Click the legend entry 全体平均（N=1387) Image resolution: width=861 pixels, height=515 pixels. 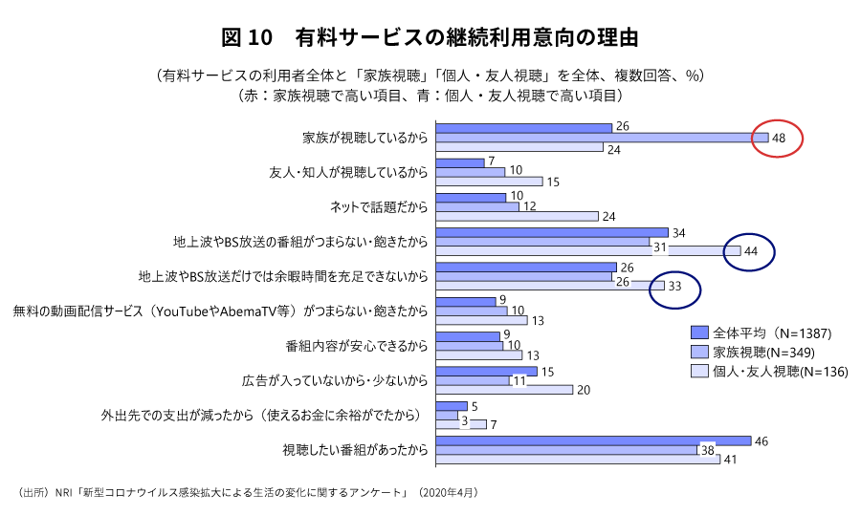[761, 333]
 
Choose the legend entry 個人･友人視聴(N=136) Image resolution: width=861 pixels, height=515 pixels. [769, 371]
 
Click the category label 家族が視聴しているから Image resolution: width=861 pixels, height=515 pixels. [364, 138]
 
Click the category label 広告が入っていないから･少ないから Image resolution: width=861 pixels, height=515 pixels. [334, 380]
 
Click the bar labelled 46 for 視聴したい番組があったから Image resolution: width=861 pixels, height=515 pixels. [593, 440]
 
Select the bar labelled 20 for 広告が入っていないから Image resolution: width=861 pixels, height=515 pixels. [504, 390]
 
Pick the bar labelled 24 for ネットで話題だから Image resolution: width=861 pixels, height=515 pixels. [517, 216]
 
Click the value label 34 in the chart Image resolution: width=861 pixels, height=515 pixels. [679, 232]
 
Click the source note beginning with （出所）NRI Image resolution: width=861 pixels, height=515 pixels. [247, 492]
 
